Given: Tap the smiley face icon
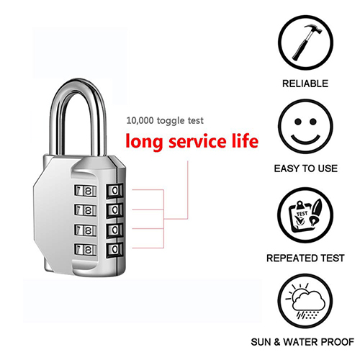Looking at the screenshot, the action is (305, 127).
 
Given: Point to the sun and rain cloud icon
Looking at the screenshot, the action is (305, 301).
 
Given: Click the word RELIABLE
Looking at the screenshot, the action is (305, 84).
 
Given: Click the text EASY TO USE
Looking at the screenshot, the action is (306, 168).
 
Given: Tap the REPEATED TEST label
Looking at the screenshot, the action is (305, 258).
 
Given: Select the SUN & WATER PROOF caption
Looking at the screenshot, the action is (302, 342).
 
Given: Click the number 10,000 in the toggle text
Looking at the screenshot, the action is (140, 120).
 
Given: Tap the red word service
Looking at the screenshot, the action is (197, 141).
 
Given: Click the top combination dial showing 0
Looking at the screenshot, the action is (114, 191).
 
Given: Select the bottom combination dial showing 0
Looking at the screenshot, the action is (114, 250).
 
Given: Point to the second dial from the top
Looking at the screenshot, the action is (114, 210).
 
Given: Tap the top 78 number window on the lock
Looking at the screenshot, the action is (86, 192).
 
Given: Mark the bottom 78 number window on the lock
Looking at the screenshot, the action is (86, 250).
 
